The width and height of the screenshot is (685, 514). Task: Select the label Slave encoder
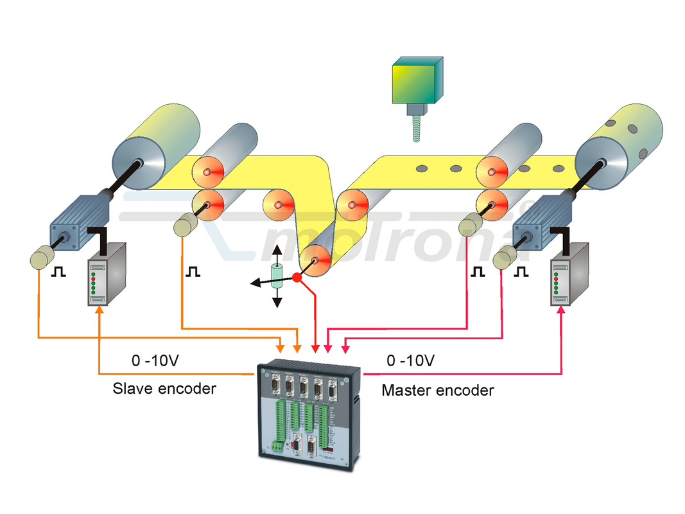point(164,388)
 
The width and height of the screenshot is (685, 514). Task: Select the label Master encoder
point(438,389)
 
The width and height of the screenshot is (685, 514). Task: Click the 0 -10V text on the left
point(155,360)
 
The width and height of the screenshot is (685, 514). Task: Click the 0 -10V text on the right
point(410,360)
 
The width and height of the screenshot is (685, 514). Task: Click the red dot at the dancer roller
point(297,278)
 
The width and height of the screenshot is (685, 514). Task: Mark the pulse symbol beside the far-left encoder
point(59,272)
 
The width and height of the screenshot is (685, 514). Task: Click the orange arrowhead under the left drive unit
point(100,310)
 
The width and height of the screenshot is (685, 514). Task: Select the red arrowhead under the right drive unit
point(562,310)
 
